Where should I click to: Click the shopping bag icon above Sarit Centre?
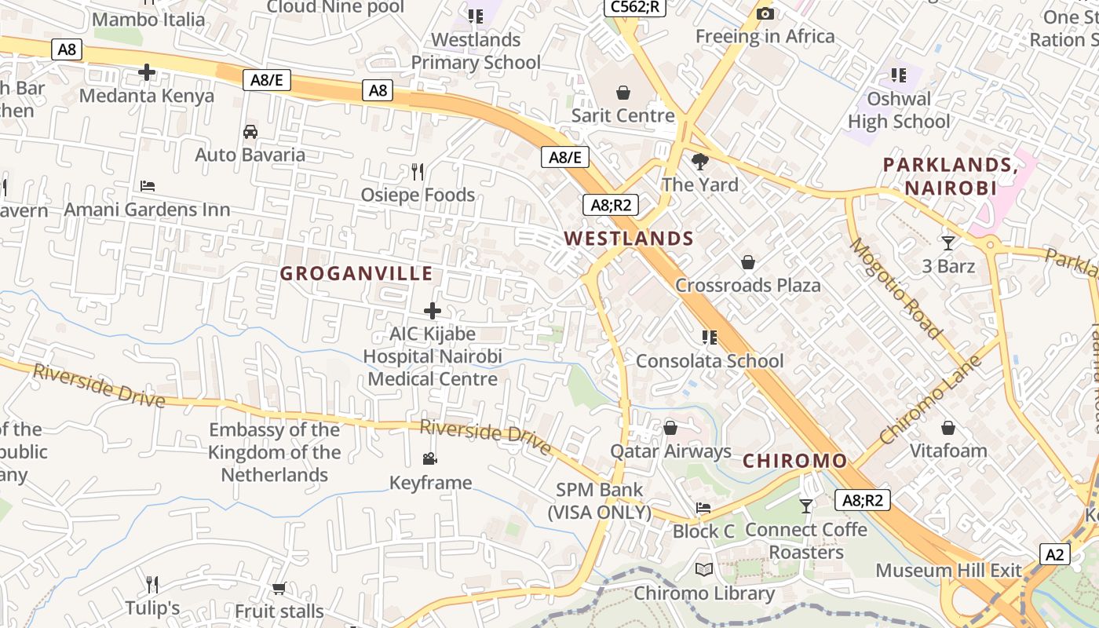point(623,93)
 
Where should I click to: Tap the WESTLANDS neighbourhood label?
point(629,239)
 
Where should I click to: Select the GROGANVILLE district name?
point(356,273)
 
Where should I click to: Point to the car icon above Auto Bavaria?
point(250,132)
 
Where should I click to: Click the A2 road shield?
point(1055,554)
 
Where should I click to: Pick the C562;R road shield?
point(633,8)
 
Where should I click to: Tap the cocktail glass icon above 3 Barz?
point(948,243)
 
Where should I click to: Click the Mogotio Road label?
point(896,288)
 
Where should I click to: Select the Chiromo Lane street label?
point(931,400)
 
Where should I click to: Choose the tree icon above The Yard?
point(699,162)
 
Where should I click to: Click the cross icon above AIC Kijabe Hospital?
point(433,311)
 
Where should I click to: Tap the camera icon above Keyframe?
point(429,458)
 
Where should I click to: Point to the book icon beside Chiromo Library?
point(704,570)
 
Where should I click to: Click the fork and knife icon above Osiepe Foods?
point(418,171)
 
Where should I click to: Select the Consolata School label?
point(710,361)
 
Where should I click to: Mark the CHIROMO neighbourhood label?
point(794,461)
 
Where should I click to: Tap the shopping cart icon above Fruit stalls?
point(279,588)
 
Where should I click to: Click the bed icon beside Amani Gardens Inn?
point(148,186)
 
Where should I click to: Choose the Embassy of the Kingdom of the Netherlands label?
point(274,452)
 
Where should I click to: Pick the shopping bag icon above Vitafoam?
point(948,428)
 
